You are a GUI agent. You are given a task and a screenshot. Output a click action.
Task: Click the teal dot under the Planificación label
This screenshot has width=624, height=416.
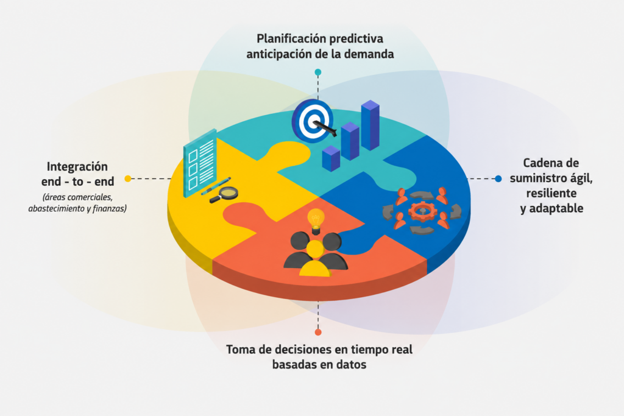(318, 72)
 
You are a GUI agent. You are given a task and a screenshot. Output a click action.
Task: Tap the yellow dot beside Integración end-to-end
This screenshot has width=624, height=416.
(128, 178)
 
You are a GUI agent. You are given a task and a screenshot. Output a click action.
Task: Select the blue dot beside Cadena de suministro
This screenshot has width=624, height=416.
(498, 178)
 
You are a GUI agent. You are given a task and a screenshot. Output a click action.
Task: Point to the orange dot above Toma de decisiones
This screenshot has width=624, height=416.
(318, 332)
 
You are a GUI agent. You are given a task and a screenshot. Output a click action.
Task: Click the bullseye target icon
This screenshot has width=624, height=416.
(313, 121)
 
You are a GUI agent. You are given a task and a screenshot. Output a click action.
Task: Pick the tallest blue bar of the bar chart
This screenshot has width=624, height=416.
(370, 125)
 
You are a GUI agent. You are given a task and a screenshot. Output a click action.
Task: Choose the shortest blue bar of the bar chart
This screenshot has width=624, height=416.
(331, 158)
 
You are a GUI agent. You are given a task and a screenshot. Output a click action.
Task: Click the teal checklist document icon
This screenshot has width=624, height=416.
(200, 163)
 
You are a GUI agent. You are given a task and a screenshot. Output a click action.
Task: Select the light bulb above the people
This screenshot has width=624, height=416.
(316, 220)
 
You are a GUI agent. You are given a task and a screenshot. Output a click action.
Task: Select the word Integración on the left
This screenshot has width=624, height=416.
(77, 167)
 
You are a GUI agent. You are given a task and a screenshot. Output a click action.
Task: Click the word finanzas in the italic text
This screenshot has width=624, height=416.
(110, 208)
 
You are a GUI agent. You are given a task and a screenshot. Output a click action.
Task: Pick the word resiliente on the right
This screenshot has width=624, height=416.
(551, 193)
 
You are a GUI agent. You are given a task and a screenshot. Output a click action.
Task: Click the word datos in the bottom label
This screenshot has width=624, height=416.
(352, 365)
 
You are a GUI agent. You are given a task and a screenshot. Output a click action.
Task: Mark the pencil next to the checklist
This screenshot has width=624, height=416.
(216, 186)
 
